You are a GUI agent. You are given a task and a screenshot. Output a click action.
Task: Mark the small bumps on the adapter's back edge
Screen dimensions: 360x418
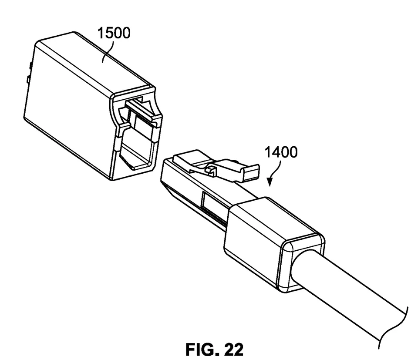coord(28,72)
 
